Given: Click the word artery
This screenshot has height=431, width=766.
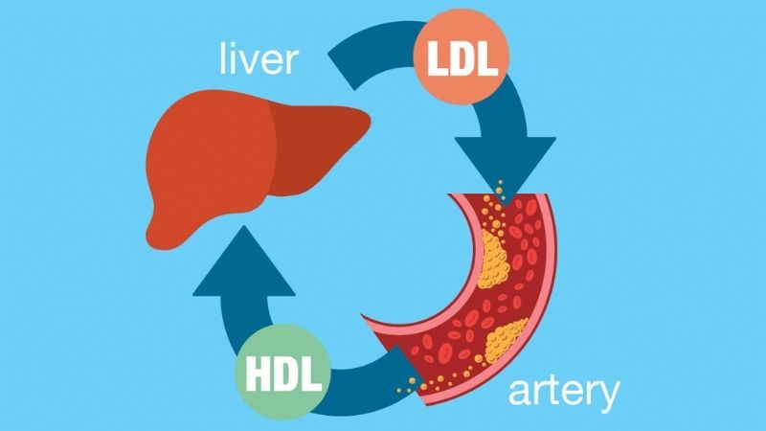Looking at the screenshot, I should [x=564, y=392].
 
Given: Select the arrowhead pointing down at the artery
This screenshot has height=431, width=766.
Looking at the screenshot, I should [x=504, y=161].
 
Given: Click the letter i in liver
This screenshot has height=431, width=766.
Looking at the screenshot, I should [x=235, y=59].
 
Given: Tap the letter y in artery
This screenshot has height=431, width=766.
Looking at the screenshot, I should [x=607, y=395].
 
